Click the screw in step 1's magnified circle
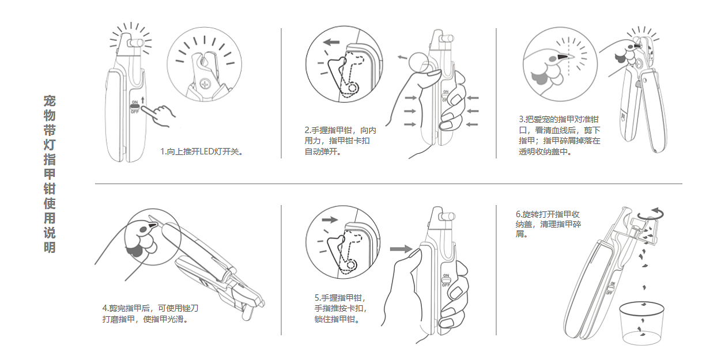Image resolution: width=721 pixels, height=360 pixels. (205, 85)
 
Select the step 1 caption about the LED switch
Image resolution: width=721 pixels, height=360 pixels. (202, 152)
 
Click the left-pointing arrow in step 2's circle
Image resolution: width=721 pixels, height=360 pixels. (331, 42)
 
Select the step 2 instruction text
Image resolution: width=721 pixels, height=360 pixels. (340, 141)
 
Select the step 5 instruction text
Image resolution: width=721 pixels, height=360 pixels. (341, 308)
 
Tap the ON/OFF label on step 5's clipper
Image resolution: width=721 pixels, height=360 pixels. (446, 280)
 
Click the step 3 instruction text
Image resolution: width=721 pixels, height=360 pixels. (559, 135)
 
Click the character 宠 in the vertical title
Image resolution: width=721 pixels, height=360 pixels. (50, 100)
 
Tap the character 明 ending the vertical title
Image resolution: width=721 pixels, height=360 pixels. (50, 248)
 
